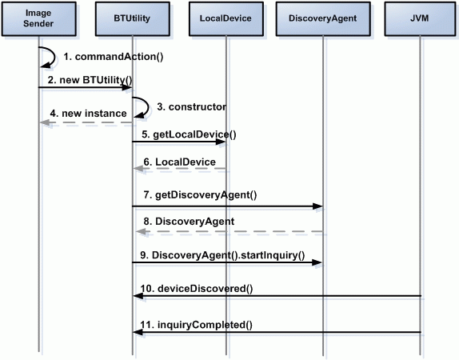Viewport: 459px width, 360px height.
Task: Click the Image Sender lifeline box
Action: (39, 18)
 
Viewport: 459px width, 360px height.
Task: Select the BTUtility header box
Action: (132, 18)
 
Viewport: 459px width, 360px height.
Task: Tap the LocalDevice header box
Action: (226, 18)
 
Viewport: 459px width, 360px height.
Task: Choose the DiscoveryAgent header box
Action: (323, 18)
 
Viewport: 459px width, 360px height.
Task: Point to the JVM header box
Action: (420, 18)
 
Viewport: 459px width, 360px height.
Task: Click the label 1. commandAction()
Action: (114, 57)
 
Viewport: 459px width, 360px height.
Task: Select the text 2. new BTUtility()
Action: (90, 80)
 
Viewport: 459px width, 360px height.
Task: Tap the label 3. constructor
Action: (191, 107)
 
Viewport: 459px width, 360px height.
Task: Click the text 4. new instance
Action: (88, 114)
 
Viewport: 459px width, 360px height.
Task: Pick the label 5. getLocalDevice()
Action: (189, 134)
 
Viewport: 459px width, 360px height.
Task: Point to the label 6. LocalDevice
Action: (179, 162)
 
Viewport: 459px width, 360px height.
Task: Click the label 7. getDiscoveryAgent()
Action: (200, 195)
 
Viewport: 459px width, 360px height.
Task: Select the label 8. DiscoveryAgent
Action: (189, 222)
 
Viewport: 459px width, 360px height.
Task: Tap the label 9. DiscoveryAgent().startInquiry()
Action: (222, 255)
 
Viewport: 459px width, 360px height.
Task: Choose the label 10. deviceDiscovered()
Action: (197, 289)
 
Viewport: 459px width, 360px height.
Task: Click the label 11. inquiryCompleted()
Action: (196, 325)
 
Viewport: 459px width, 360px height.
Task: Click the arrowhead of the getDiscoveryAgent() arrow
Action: (317, 206)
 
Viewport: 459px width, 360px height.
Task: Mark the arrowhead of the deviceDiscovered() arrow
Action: (138, 296)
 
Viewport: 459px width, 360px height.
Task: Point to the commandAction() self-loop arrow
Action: (54, 57)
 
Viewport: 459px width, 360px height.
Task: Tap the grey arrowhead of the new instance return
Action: (45, 122)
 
